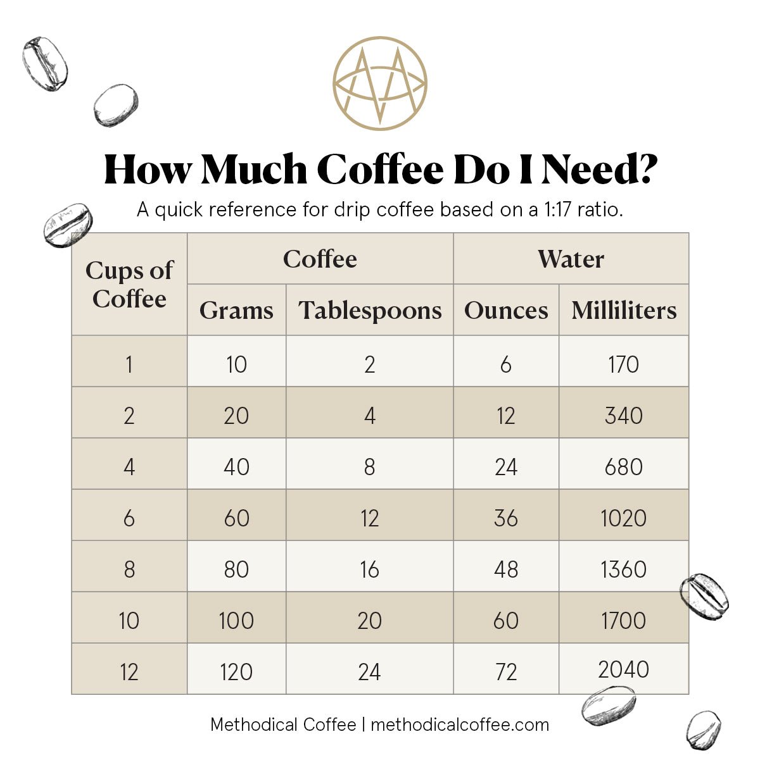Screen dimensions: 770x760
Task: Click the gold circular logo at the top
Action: click(380, 84)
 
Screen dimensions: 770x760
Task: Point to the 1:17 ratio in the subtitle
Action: click(558, 209)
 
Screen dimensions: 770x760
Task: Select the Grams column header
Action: click(236, 310)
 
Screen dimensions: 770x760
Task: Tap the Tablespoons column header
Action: click(370, 310)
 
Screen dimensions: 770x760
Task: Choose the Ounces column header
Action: click(506, 310)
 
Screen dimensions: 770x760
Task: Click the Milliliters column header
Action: click(624, 310)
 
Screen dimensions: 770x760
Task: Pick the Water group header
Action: click(571, 259)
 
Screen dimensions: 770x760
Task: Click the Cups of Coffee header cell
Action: click(129, 284)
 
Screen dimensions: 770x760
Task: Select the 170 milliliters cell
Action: click(624, 364)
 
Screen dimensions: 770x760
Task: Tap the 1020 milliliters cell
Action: click(624, 518)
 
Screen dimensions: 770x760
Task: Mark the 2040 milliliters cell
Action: click(624, 669)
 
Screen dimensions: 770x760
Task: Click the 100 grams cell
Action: click(236, 621)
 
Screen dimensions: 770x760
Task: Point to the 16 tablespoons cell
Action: click(369, 569)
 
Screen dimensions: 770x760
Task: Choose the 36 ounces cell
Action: click(506, 518)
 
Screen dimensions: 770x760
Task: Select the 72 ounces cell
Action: click(506, 672)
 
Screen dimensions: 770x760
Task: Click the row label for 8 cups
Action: click(129, 569)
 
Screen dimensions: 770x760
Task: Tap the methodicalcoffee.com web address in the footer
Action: click(460, 724)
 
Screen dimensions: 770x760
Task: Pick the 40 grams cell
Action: click(236, 467)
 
